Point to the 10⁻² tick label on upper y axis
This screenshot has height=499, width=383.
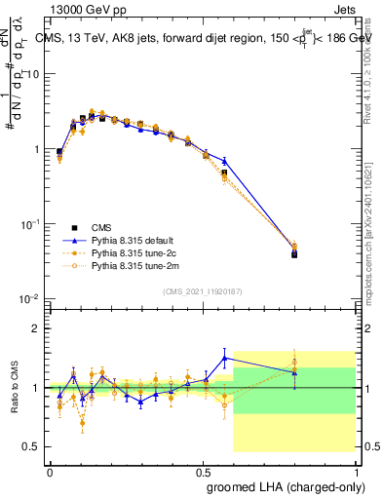(x=31, y=298)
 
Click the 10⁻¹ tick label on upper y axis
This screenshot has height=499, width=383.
(x=31, y=224)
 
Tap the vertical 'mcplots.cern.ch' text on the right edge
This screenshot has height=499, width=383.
(x=370, y=249)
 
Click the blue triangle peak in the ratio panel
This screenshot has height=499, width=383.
(x=225, y=358)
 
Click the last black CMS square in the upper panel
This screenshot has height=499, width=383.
(x=294, y=254)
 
